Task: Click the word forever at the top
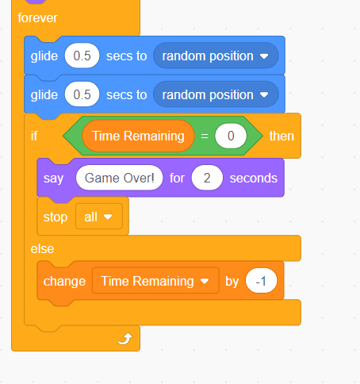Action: [37, 18]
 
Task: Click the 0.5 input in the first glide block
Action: [82, 56]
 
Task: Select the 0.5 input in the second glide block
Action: [82, 94]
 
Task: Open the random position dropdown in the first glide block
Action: [216, 56]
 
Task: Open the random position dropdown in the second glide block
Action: [216, 94]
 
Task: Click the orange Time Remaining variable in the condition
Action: [138, 136]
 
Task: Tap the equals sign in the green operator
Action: [205, 136]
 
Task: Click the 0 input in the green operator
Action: [231, 136]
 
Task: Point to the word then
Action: [281, 136]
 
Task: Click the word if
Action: [34, 136]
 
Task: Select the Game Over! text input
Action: [119, 178]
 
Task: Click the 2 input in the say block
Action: [207, 178]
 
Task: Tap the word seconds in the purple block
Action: [254, 178]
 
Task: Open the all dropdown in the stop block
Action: [99, 217]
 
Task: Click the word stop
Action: [56, 217]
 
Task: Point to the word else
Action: [42, 249]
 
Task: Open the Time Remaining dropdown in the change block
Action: [155, 281]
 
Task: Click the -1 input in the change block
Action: [261, 281]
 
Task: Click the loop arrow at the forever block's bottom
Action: [125, 339]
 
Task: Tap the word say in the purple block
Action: [53, 179]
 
